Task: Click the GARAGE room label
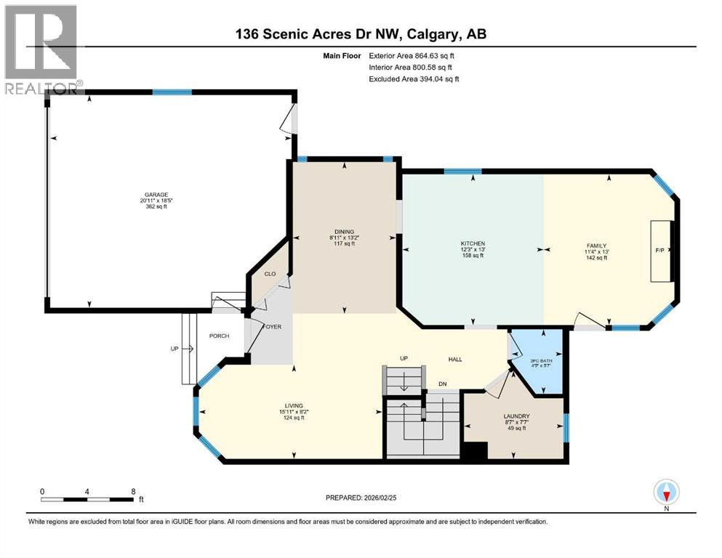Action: coord(156,195)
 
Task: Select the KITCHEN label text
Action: coord(473,244)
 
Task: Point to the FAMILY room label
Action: coord(596,246)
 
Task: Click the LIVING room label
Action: coord(294,405)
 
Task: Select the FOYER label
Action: coord(272,326)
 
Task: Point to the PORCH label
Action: coord(219,336)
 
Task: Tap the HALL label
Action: coord(455,359)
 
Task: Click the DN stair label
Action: coord(442,384)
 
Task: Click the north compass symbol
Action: coord(666,493)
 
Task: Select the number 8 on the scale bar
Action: coord(133,491)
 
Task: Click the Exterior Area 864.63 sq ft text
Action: coord(414,55)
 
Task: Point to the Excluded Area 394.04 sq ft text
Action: coord(414,78)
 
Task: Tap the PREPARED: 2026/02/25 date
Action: coord(363,498)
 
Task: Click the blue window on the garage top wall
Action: coord(172,92)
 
